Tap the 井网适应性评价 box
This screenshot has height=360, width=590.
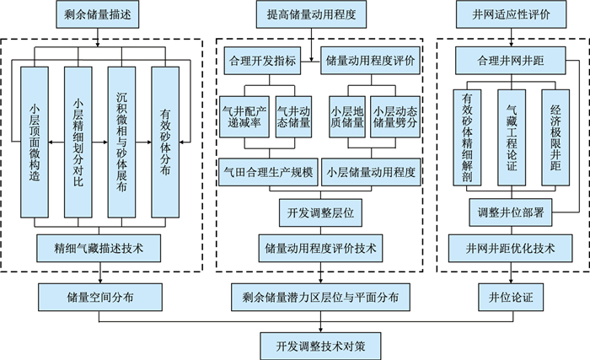[509, 14]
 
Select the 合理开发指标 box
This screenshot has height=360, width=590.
[262, 61]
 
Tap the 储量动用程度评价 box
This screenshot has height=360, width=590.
[372, 61]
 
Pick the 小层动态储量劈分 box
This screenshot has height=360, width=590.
[394, 121]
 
